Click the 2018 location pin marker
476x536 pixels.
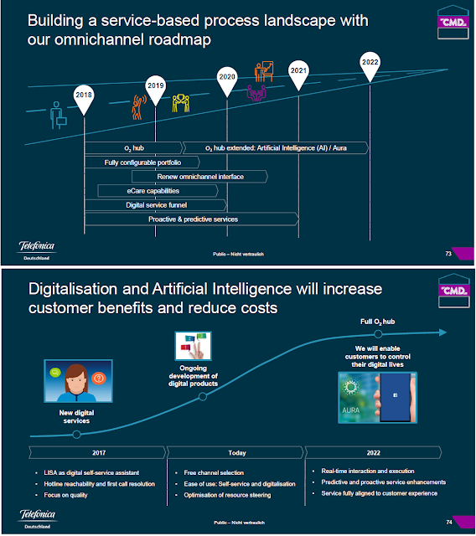pyautogui.click(x=84, y=96)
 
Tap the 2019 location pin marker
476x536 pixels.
pyautogui.click(x=155, y=85)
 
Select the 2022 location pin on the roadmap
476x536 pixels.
pyautogui.click(x=370, y=62)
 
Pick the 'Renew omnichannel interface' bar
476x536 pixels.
pyautogui.click(x=199, y=177)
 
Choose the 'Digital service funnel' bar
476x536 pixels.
pyautogui.click(x=156, y=205)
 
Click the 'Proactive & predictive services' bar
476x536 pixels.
pyautogui.click(x=193, y=219)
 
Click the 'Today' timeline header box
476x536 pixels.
pyautogui.click(x=236, y=453)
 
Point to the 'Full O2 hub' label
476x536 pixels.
pyautogui.click(x=371, y=320)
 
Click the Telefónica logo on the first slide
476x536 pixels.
pyautogui.click(x=37, y=249)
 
